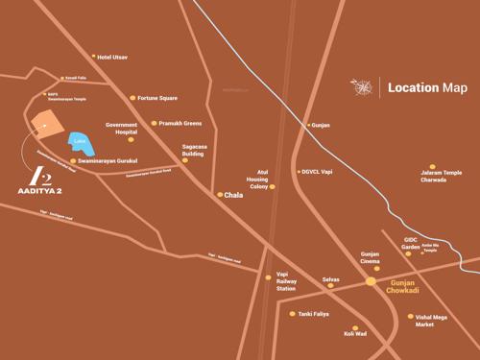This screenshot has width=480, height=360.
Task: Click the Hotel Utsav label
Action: [112, 58]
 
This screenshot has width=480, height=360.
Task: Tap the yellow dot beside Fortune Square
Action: [133, 98]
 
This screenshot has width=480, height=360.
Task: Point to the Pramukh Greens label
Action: [180, 123]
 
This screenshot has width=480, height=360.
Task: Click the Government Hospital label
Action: [122, 129]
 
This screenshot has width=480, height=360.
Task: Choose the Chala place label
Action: [233, 195]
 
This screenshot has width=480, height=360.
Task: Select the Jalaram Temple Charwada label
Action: [441, 176]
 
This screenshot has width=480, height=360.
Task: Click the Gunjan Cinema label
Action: [370, 257]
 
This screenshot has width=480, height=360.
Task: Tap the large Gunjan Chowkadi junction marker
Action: [371, 281]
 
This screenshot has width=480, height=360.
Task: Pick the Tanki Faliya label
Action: [313, 314]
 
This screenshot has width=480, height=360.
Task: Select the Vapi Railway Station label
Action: [286, 281]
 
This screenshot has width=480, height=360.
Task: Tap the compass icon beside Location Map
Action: [362, 88]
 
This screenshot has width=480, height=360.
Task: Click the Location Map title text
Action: [427, 88]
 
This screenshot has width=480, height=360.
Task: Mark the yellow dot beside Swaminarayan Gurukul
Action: [73, 161]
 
